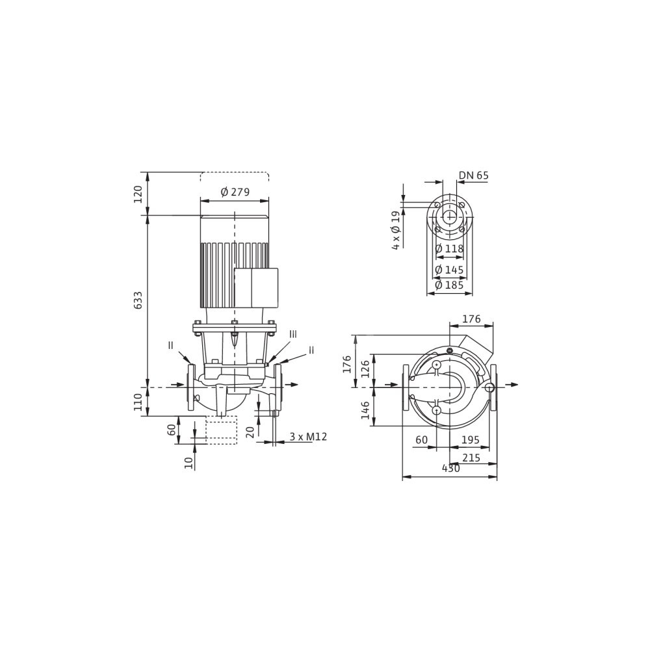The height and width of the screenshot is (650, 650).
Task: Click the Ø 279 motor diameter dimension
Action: pyautogui.click(x=235, y=192)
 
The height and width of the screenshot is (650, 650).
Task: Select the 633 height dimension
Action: pyautogui.click(x=138, y=300)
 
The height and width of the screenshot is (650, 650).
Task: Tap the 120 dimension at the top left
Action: pyautogui.click(x=138, y=194)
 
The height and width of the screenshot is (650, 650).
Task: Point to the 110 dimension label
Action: pyautogui.click(x=138, y=402)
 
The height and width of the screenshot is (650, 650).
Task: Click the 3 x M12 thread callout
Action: pyautogui.click(x=308, y=437)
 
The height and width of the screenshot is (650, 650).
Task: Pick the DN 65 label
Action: pyautogui.click(x=473, y=175)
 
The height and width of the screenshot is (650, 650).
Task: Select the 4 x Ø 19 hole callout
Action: pyautogui.click(x=396, y=230)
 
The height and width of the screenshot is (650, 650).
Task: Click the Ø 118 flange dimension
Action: pyautogui.click(x=449, y=249)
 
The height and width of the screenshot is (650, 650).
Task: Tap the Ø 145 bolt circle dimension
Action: pyautogui.click(x=449, y=270)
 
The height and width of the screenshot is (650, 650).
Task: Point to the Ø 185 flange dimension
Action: pyautogui.click(x=449, y=285)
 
